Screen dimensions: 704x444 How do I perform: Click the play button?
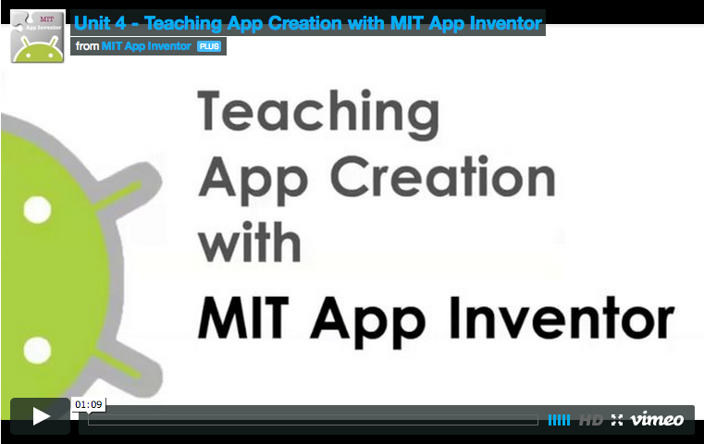tap(41, 416)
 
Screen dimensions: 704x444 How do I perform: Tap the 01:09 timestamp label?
tap(89, 404)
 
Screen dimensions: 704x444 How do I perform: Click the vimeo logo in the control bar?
tap(657, 419)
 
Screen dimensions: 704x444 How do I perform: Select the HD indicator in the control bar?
tap(590, 420)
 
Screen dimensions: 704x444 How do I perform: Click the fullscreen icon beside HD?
tap(617, 420)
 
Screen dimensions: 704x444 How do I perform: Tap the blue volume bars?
tap(559, 420)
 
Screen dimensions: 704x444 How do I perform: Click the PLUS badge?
tap(209, 46)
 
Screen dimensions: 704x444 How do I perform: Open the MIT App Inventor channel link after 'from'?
tap(146, 46)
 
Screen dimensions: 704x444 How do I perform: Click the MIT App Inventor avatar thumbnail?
tap(38, 36)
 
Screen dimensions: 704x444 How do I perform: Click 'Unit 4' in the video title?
tap(100, 23)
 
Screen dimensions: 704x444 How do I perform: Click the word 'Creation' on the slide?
tap(443, 177)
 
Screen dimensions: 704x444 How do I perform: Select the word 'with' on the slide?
tap(250, 242)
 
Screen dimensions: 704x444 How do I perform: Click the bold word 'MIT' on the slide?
tap(243, 317)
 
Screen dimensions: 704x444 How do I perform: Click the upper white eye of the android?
tap(37, 210)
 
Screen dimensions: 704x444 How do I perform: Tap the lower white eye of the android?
tap(37, 351)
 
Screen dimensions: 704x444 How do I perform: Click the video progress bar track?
tap(313, 420)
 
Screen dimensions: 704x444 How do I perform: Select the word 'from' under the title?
tap(87, 46)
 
